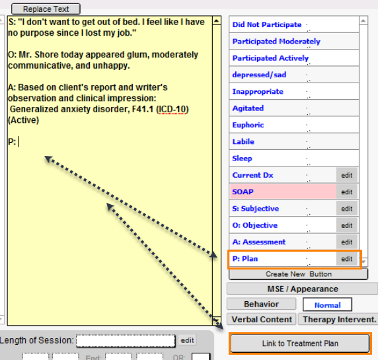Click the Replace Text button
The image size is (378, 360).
tap(46, 9)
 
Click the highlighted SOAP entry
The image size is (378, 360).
tap(283, 192)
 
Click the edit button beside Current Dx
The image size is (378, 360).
tap(347, 175)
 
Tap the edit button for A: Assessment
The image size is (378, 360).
tap(347, 242)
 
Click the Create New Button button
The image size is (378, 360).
tap(299, 274)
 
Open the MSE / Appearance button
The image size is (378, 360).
tap(302, 289)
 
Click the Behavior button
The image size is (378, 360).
tap(261, 304)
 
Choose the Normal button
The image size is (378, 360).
tap(327, 305)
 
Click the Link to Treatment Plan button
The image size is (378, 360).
tap(300, 343)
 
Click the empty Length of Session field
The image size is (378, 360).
tap(126, 341)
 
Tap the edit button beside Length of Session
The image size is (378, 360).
tap(187, 340)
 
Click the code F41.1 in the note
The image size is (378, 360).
tap(143, 109)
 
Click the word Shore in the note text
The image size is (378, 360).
tap(46, 54)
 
